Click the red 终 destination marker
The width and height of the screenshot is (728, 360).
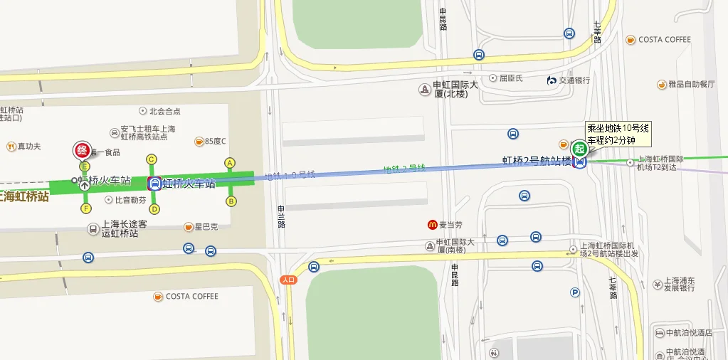[x=82, y=151]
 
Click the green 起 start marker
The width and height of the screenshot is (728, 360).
[x=580, y=149]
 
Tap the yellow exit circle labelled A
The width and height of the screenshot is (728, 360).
[x=230, y=163]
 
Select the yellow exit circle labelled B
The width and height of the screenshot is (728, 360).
[x=231, y=201]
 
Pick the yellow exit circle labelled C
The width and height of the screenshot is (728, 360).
[x=151, y=159]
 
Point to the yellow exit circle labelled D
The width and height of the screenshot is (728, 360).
[x=154, y=209]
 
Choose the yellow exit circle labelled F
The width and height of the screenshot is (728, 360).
[x=86, y=208]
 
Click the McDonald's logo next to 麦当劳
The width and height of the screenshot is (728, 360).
[x=432, y=225]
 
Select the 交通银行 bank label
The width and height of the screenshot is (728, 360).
[x=574, y=80]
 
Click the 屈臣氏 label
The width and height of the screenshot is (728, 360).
[x=510, y=78]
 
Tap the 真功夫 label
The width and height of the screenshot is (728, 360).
[x=28, y=147]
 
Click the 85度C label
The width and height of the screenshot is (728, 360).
[x=214, y=141]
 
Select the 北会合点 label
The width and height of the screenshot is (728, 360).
[x=164, y=111]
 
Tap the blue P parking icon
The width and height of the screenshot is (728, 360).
[x=575, y=292]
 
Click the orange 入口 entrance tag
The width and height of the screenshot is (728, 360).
[x=288, y=280]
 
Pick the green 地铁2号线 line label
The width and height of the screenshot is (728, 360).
[x=404, y=169]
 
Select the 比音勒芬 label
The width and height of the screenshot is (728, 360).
[x=130, y=200]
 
